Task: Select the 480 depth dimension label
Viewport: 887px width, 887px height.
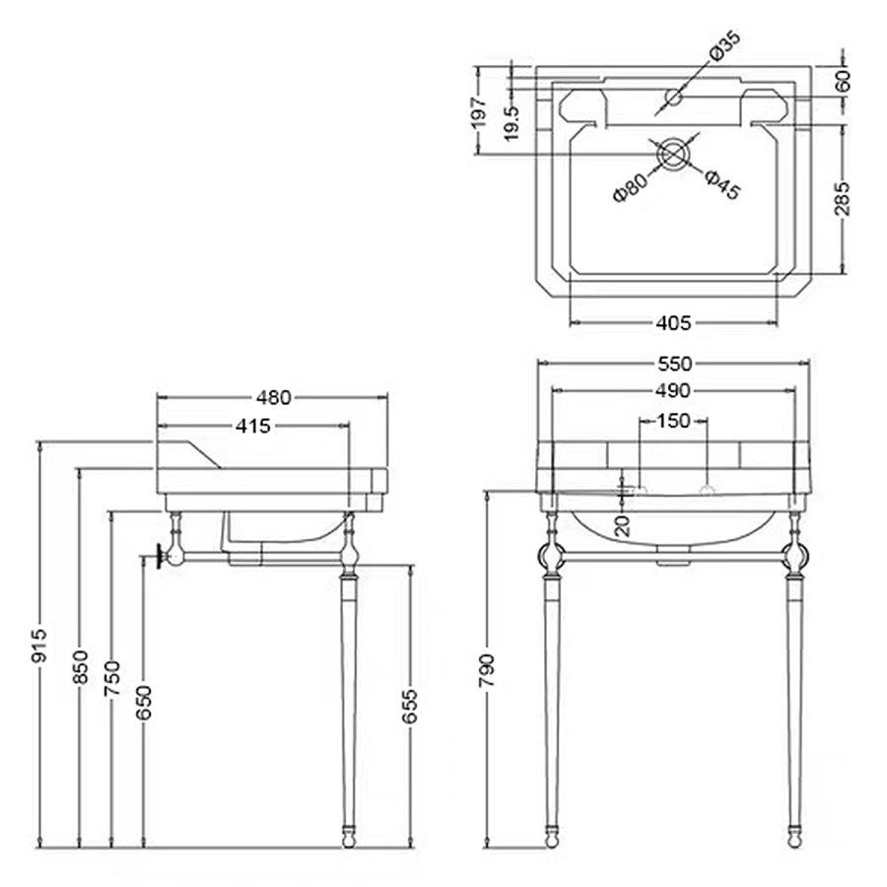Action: pyautogui.click(x=274, y=398)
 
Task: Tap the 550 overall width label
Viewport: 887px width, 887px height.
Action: pyautogui.click(x=673, y=363)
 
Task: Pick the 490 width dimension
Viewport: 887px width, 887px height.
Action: pyautogui.click(x=673, y=391)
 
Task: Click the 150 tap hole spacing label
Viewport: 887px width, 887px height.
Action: pyautogui.click(x=673, y=422)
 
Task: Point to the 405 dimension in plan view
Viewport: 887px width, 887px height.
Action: pyautogui.click(x=673, y=322)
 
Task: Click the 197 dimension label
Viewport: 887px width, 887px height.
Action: pyautogui.click(x=479, y=110)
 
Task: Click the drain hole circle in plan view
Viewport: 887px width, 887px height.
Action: pyautogui.click(x=674, y=154)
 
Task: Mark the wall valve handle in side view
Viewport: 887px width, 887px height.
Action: pyautogui.click(x=158, y=559)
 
